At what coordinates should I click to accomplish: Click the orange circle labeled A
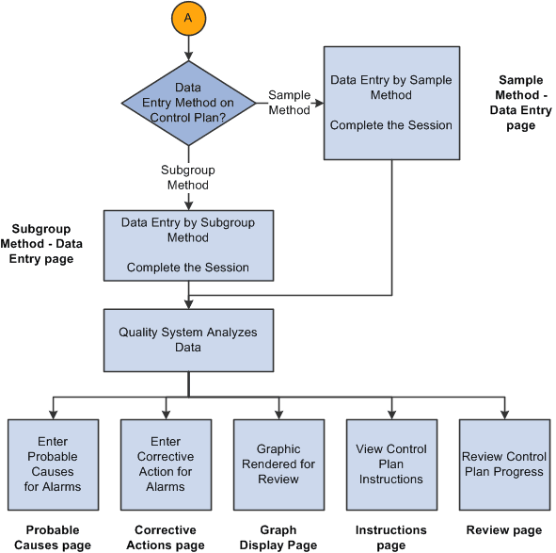188,19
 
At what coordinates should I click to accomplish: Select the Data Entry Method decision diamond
188,103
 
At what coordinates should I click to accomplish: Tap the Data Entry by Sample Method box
391,104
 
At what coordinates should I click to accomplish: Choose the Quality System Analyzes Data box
188,339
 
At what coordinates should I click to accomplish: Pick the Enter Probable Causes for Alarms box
53,464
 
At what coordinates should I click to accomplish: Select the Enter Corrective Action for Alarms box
166,464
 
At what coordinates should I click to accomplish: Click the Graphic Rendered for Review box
278,464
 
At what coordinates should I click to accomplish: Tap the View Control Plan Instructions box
391,464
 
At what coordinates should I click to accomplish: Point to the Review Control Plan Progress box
504,464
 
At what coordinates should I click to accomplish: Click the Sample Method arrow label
289,103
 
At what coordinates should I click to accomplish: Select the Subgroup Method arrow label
188,178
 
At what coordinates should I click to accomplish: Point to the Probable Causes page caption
53,537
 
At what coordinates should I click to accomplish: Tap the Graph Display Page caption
278,537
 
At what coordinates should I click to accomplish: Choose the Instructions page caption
391,537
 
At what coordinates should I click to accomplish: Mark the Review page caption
504,530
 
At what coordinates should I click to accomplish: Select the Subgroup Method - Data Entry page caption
47,244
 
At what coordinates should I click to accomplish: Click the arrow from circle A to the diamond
188,47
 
